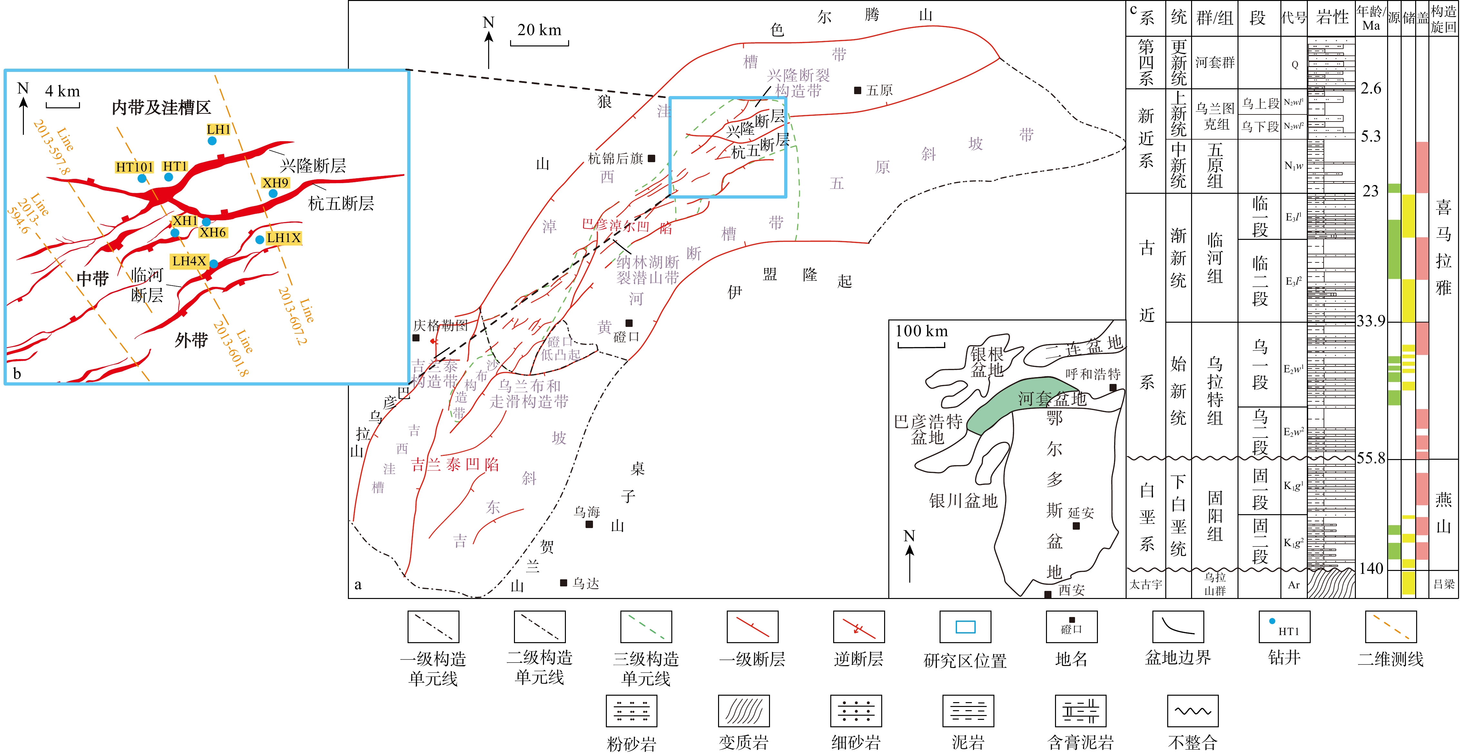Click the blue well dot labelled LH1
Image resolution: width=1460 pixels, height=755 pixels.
[212, 141]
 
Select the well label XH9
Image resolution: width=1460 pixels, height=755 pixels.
[275, 182]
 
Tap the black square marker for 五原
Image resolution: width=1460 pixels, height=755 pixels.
[857, 90]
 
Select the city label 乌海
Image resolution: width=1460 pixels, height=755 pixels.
[587, 512]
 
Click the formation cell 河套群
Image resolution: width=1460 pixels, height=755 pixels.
[1215, 62]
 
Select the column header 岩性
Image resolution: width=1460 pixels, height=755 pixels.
[1332, 18]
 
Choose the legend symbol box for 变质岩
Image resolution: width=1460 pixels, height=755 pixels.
[744, 711]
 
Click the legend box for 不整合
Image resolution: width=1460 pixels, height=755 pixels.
[1192, 711]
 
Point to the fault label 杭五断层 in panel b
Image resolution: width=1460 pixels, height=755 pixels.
[341, 203]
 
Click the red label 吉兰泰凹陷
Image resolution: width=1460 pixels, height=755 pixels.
[455, 465]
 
